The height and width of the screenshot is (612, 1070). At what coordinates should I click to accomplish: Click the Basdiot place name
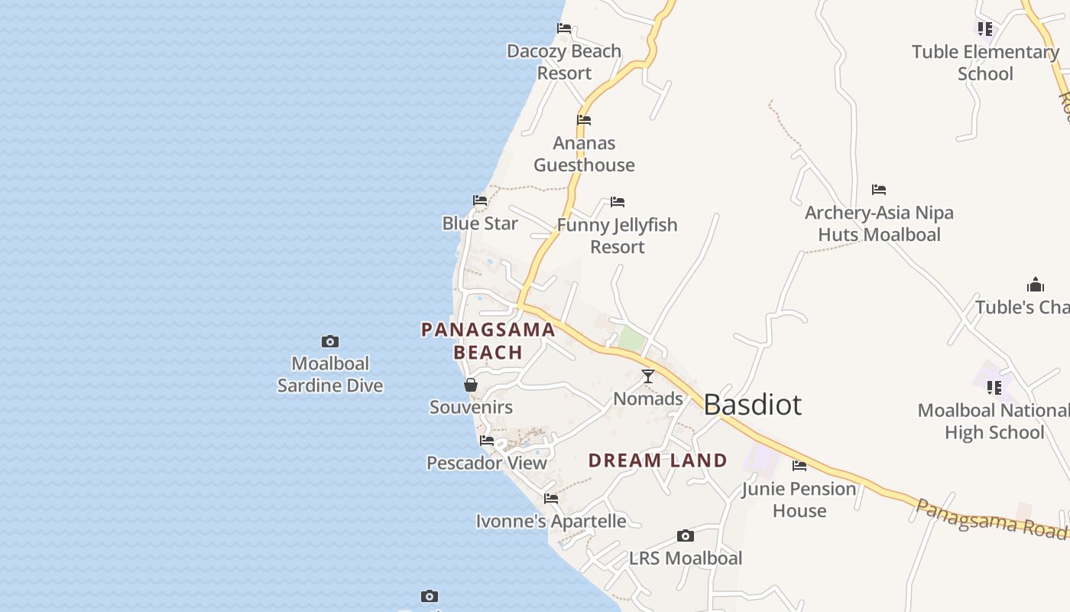point(752,405)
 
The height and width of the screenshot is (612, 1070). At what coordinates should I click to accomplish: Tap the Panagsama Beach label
point(488,341)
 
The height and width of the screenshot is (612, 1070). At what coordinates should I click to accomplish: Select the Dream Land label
point(657,461)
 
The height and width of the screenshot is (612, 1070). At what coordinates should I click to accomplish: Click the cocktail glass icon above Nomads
point(648,376)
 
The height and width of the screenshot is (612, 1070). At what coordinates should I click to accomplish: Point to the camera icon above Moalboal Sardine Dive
point(330,341)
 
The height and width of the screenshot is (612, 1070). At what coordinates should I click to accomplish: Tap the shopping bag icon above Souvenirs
point(471,385)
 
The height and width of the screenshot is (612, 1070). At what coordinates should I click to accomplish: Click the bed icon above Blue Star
point(480,200)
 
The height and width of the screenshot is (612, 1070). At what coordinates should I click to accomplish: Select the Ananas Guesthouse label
point(584,154)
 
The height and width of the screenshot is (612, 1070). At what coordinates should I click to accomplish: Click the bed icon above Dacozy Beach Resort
point(564,28)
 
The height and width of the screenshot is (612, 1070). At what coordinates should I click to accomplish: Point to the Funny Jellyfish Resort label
point(618,236)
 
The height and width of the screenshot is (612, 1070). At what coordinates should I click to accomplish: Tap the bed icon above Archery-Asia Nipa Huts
point(879,189)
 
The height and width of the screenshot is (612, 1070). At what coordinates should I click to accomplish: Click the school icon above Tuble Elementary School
point(985,29)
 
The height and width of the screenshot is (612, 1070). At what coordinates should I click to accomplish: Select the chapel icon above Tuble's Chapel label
point(1036,285)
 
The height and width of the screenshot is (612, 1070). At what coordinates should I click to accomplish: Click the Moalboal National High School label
point(994,422)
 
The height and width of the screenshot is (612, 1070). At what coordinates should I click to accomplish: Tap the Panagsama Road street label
point(991,518)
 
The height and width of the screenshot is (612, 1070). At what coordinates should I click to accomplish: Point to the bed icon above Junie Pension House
point(799,465)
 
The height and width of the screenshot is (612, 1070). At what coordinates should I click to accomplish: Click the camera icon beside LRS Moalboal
point(686,535)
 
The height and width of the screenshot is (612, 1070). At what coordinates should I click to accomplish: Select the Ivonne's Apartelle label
point(550,522)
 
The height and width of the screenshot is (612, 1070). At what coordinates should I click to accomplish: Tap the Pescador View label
point(487,463)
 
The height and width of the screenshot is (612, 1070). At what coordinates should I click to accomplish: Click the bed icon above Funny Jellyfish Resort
point(618,202)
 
